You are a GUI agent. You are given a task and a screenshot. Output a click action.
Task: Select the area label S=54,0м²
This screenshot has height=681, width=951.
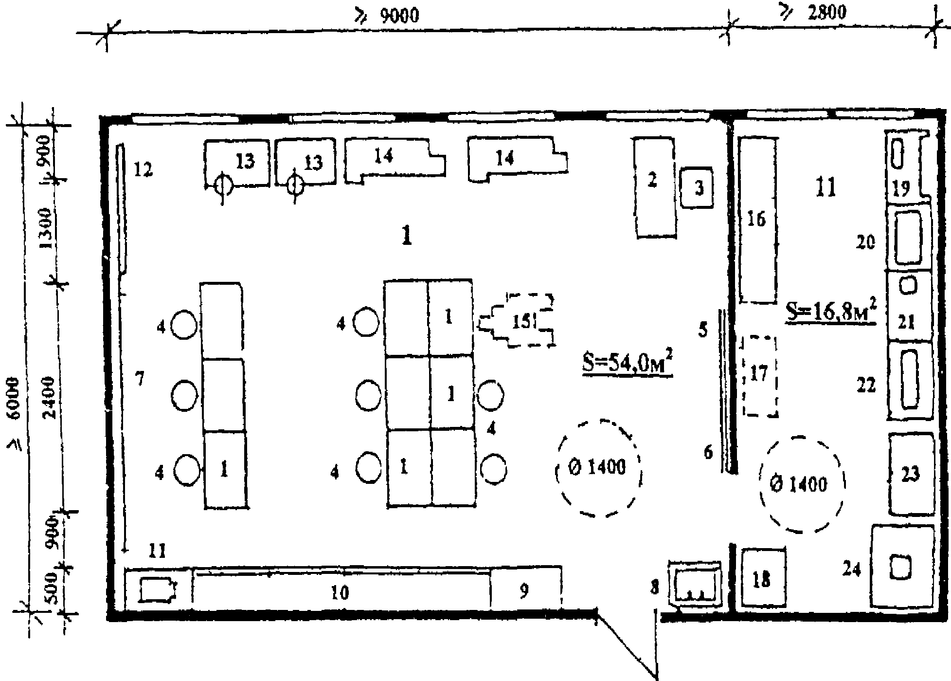(x=628, y=364)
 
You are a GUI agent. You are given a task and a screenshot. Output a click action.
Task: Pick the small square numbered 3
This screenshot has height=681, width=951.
(x=697, y=187)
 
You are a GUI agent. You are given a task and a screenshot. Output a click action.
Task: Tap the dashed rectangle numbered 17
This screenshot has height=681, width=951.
(x=759, y=375)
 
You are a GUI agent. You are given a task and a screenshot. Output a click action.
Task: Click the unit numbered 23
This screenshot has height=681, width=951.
(x=911, y=474)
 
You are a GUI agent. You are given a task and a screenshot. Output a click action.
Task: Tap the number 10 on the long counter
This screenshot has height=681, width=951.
(x=340, y=592)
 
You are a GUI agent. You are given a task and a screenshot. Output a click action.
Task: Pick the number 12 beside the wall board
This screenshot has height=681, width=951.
(x=144, y=170)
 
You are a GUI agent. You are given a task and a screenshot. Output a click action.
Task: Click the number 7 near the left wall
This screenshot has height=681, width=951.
(x=140, y=379)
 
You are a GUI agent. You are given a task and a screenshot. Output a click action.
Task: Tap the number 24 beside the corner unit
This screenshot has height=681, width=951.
(x=852, y=569)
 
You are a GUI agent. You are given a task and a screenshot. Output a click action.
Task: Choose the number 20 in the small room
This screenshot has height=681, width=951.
(x=865, y=242)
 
